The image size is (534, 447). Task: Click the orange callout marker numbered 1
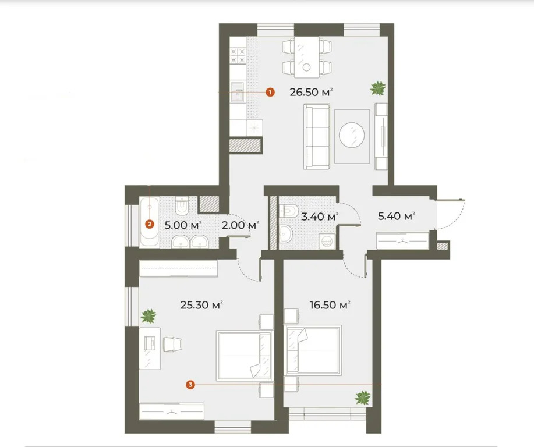[269, 91]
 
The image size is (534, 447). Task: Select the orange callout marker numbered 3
[190, 384]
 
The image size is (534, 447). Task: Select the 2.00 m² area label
[240, 225]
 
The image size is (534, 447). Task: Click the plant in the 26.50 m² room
[379, 89]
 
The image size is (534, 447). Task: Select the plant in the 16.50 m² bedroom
[363, 398]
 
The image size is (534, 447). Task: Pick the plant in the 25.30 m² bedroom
[149, 316]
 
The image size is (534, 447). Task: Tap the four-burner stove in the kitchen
[239, 55]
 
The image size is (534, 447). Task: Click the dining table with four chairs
[306, 57]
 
